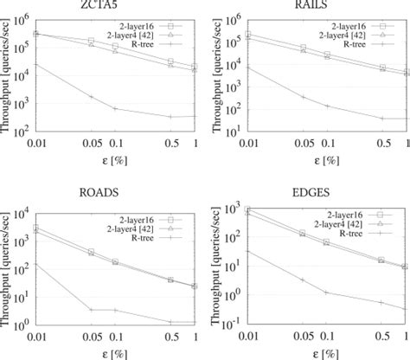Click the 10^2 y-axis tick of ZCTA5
(33, 132)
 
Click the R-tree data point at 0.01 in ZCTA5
(36, 63)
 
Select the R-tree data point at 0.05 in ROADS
(90, 309)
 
